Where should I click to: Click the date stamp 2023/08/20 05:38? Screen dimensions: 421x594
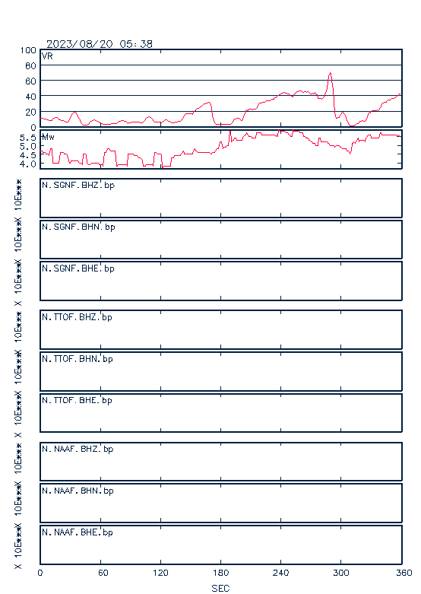coord(100,44)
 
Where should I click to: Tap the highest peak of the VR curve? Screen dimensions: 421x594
coord(330,73)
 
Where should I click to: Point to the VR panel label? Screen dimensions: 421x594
coord(47,56)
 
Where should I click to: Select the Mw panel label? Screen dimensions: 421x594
coord(48,137)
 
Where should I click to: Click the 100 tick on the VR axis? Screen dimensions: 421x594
coord(28,50)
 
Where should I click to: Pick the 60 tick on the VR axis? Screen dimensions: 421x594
coord(30,81)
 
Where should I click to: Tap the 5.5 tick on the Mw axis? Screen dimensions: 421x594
coord(28,138)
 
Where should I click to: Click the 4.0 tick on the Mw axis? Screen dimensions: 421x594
coord(28,164)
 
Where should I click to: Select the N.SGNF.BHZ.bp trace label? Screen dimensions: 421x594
coord(78,186)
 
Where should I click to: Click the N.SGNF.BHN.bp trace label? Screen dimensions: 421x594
coord(78,227)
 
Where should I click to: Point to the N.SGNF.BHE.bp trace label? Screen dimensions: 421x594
coord(78,268)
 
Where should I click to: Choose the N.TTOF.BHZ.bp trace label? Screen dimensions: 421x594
coord(78,317)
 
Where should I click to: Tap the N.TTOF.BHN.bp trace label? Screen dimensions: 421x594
coord(78,359)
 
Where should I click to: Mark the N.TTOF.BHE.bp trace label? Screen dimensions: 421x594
coord(78,400)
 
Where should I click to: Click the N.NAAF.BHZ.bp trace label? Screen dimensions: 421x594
coord(78,449)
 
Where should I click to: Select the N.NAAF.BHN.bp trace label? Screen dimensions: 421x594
coord(78,491)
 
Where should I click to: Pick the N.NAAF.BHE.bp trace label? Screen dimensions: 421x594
coord(78,532)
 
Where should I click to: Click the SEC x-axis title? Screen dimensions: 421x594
coord(220,588)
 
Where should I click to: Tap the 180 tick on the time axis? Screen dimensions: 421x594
coord(220,573)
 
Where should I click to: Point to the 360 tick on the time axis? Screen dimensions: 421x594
coord(404,573)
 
